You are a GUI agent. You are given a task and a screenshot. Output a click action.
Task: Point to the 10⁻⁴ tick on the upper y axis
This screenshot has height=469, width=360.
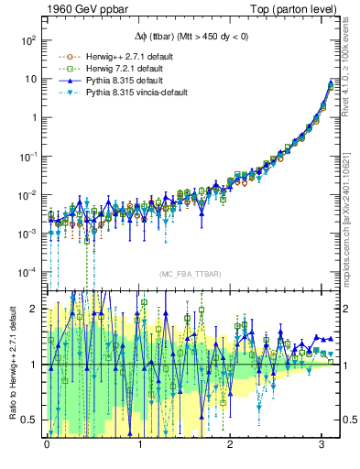pos(27,272)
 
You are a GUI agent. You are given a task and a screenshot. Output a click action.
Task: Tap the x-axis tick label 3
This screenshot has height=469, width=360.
pos(322,450)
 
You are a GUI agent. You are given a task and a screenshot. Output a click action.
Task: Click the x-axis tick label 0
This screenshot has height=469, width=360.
pos(47,450)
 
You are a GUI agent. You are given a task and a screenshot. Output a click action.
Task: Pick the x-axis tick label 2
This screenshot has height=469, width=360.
pos(231,450)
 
